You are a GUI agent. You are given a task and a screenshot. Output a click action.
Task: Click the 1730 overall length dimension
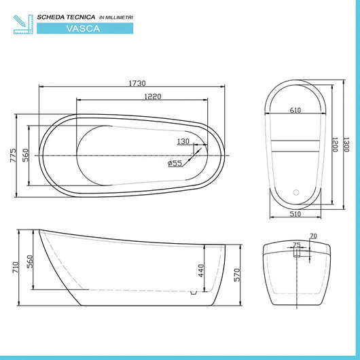(138, 84)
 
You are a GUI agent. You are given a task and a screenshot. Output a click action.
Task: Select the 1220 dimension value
(153, 96)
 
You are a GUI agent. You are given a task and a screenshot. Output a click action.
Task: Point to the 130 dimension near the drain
(183, 141)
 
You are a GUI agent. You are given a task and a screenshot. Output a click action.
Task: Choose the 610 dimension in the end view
(295, 110)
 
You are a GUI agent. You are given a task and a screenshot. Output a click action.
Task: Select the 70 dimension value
(312, 236)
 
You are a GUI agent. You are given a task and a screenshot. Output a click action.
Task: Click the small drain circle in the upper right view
(296, 192)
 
